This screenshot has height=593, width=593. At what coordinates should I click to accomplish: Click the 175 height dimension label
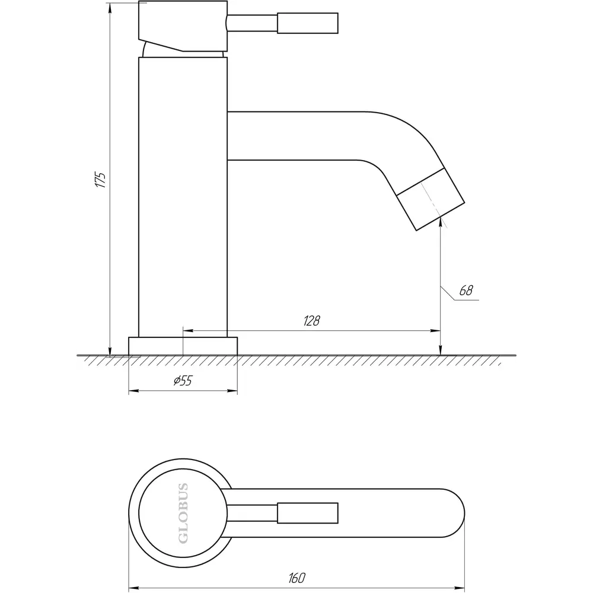(101, 180)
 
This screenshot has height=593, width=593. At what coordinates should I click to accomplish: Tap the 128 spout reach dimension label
(312, 321)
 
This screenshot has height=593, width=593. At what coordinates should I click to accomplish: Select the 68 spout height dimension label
(466, 291)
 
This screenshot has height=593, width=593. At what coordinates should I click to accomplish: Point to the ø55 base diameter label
(183, 381)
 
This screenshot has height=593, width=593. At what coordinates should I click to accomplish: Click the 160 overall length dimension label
(297, 578)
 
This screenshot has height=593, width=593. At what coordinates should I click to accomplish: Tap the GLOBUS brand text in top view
(183, 513)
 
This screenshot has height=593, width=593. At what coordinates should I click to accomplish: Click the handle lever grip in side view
(307, 24)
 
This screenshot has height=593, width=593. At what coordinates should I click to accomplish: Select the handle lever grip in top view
(307, 513)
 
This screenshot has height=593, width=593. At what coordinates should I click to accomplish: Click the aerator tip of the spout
(431, 199)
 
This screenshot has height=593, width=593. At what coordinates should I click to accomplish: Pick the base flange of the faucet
(183, 346)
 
